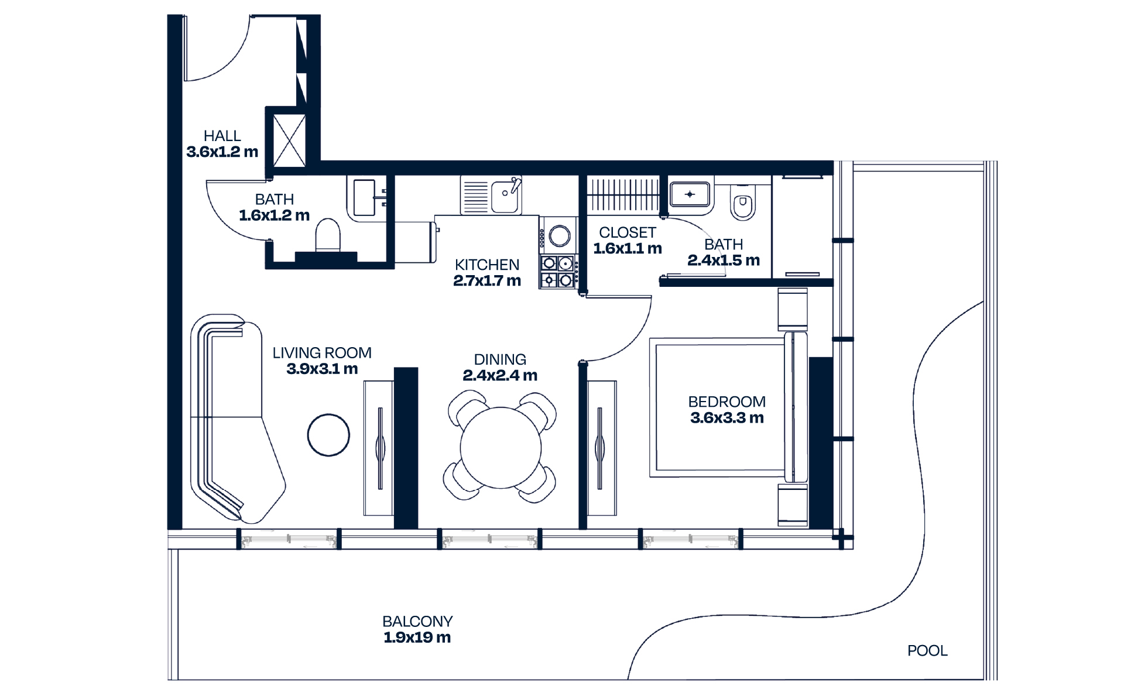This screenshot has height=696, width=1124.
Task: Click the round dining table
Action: pyautogui.click(x=501, y=448)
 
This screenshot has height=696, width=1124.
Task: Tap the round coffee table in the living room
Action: pyautogui.click(x=328, y=435)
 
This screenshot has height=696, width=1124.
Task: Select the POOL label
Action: pyautogui.click(x=927, y=650)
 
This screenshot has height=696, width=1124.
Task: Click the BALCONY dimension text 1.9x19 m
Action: pyautogui.click(x=417, y=637)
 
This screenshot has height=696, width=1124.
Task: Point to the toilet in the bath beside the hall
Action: pyautogui.click(x=328, y=235)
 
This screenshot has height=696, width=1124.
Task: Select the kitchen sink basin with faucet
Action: pyautogui.click(x=505, y=197)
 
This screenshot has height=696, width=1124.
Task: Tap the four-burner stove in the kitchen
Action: pyautogui.click(x=558, y=272)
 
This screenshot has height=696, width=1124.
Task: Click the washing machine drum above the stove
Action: pyautogui.click(x=560, y=236)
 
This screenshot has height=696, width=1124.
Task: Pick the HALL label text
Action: pyautogui.click(x=222, y=136)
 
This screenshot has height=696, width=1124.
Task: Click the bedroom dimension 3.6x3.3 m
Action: pyautogui.click(x=727, y=418)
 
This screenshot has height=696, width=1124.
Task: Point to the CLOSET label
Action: pyautogui.click(x=627, y=232)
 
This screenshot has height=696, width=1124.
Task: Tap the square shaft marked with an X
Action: pyautogui.click(x=289, y=140)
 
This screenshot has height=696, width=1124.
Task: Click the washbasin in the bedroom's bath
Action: pyautogui.click(x=690, y=194)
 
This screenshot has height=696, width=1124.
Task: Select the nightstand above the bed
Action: pyautogui.click(x=792, y=308)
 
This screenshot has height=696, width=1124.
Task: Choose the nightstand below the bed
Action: pyautogui.click(x=792, y=504)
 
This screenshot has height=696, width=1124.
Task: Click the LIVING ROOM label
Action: pyautogui.click(x=321, y=353)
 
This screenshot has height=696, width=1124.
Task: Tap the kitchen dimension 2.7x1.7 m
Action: pyautogui.click(x=486, y=281)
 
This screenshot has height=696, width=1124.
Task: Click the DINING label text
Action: pyautogui.click(x=499, y=359)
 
